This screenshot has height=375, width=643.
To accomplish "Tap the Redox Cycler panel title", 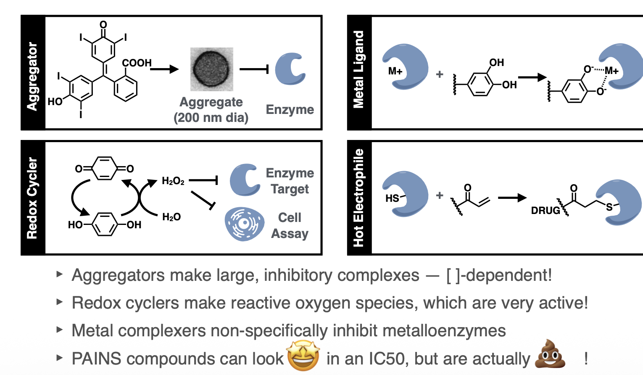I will pyautogui.click(x=32, y=198).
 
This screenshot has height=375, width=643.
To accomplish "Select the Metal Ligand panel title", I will pyautogui.click(x=358, y=69).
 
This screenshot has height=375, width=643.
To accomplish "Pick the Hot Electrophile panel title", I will pyautogui.click(x=358, y=198).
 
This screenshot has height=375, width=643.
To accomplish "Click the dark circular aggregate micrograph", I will pyautogui.click(x=211, y=69).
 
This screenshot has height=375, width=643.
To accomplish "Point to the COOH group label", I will pyautogui.click(x=137, y=63).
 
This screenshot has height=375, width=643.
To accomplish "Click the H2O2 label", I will pyautogui.click(x=173, y=181).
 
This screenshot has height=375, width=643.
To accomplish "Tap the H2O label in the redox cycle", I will pyautogui.click(x=171, y=217).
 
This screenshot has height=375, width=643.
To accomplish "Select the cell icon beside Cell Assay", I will pyautogui.click(x=244, y=224).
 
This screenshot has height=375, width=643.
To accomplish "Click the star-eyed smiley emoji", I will pyautogui.click(x=303, y=356).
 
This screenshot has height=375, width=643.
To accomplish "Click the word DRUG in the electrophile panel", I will pyautogui.click(x=545, y=211).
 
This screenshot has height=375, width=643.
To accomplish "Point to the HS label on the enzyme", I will pyautogui.click(x=392, y=198).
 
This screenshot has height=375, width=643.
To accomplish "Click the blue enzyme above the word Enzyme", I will pyautogui.click(x=290, y=69).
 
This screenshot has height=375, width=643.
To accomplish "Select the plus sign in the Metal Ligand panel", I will pyautogui.click(x=440, y=74).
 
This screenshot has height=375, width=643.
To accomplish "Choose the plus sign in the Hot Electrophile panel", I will pyautogui.click(x=440, y=195).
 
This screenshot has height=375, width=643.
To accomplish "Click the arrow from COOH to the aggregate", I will pyautogui.click(x=164, y=69).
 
